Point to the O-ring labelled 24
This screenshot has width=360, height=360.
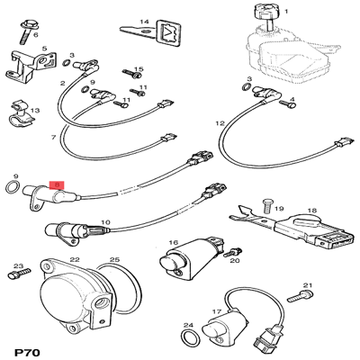pyautogui.click(x=188, y=337)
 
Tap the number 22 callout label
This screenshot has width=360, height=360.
pyautogui.click(x=76, y=259)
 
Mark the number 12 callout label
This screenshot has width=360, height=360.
pyautogui.click(x=220, y=122)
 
